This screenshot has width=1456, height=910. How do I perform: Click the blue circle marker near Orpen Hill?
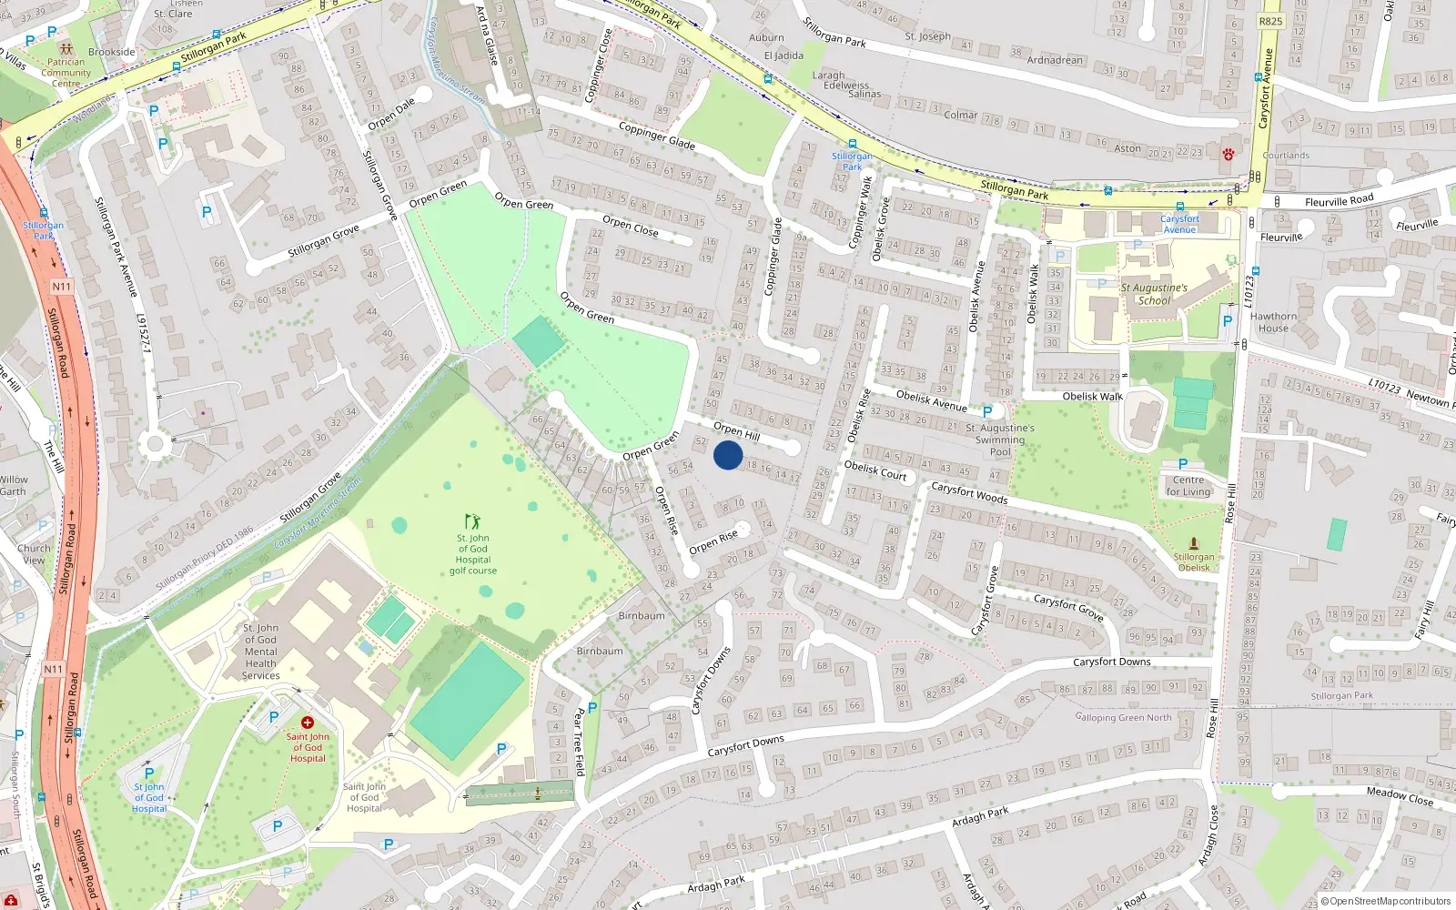pyautogui.click(x=728, y=455)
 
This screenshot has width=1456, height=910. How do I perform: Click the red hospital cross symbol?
pyautogui.click(x=308, y=723)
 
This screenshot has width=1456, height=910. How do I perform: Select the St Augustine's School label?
pyautogui.click(x=1154, y=294)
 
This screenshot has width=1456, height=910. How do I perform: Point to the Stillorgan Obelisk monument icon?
pyautogui.click(x=1194, y=543)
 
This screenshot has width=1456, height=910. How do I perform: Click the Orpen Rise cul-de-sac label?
pyautogui.click(x=713, y=541)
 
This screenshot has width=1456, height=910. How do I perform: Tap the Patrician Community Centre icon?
pyautogui.click(x=65, y=49)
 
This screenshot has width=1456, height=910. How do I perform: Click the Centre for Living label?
pyautogui.click(x=1188, y=486)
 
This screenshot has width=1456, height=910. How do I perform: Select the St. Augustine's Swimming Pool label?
pyautogui.click(x=1000, y=440)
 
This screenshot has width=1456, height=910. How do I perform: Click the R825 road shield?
pyautogui.click(x=1270, y=21)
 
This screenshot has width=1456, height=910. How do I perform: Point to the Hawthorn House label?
pyautogui.click(x=1273, y=322)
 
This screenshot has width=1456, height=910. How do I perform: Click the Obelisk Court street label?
pyautogui.click(x=875, y=470)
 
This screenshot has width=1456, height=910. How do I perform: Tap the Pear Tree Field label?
pyautogui.click(x=580, y=742)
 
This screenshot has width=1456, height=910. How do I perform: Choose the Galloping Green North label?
pyautogui.click(x=1124, y=717)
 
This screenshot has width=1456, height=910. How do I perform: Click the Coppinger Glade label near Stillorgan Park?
pyautogui.click(x=656, y=136)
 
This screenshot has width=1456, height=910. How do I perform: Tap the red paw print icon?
pyautogui.click(x=1228, y=154)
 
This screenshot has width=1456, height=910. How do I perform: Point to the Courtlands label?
pyautogui.click(x=1286, y=156)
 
